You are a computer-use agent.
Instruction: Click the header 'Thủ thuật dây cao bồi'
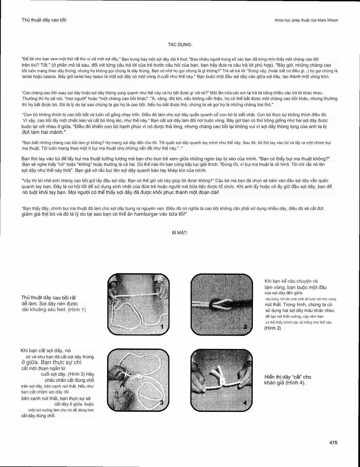tap(44, 20)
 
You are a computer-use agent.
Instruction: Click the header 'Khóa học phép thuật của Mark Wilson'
tap(306, 20)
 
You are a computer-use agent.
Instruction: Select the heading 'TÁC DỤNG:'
tap(180, 45)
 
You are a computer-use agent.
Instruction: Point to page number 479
tap(333, 443)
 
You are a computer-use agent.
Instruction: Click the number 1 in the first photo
tap(162, 327)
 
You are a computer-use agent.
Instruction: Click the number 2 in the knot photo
tap(245, 327)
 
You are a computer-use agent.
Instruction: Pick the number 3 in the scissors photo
tap(162, 402)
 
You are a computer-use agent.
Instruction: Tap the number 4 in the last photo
tap(245, 403)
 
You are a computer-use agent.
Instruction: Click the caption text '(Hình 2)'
tap(273, 328)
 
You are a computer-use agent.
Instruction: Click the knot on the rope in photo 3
tap(139, 377)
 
